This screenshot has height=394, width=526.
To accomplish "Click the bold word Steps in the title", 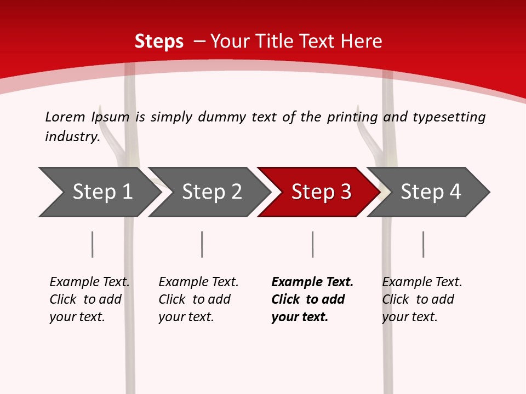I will (x=159, y=42).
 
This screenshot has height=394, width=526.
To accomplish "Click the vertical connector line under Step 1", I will (x=93, y=244).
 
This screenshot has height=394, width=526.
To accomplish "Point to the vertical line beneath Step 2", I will (x=202, y=244).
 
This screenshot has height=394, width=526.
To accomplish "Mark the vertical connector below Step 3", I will (x=313, y=244).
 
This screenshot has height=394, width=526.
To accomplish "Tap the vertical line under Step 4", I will (x=424, y=244).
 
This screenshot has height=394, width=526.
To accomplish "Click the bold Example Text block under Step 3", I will (x=312, y=299).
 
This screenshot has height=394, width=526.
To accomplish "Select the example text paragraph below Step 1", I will (x=89, y=299).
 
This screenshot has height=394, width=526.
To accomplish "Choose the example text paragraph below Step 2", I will (x=198, y=299).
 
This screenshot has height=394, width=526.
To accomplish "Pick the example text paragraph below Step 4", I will (x=422, y=299).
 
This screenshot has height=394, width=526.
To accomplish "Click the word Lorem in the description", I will (x=65, y=117).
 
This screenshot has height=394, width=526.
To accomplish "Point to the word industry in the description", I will (x=72, y=137).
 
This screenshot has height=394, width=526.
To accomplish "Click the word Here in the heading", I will (x=361, y=42).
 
